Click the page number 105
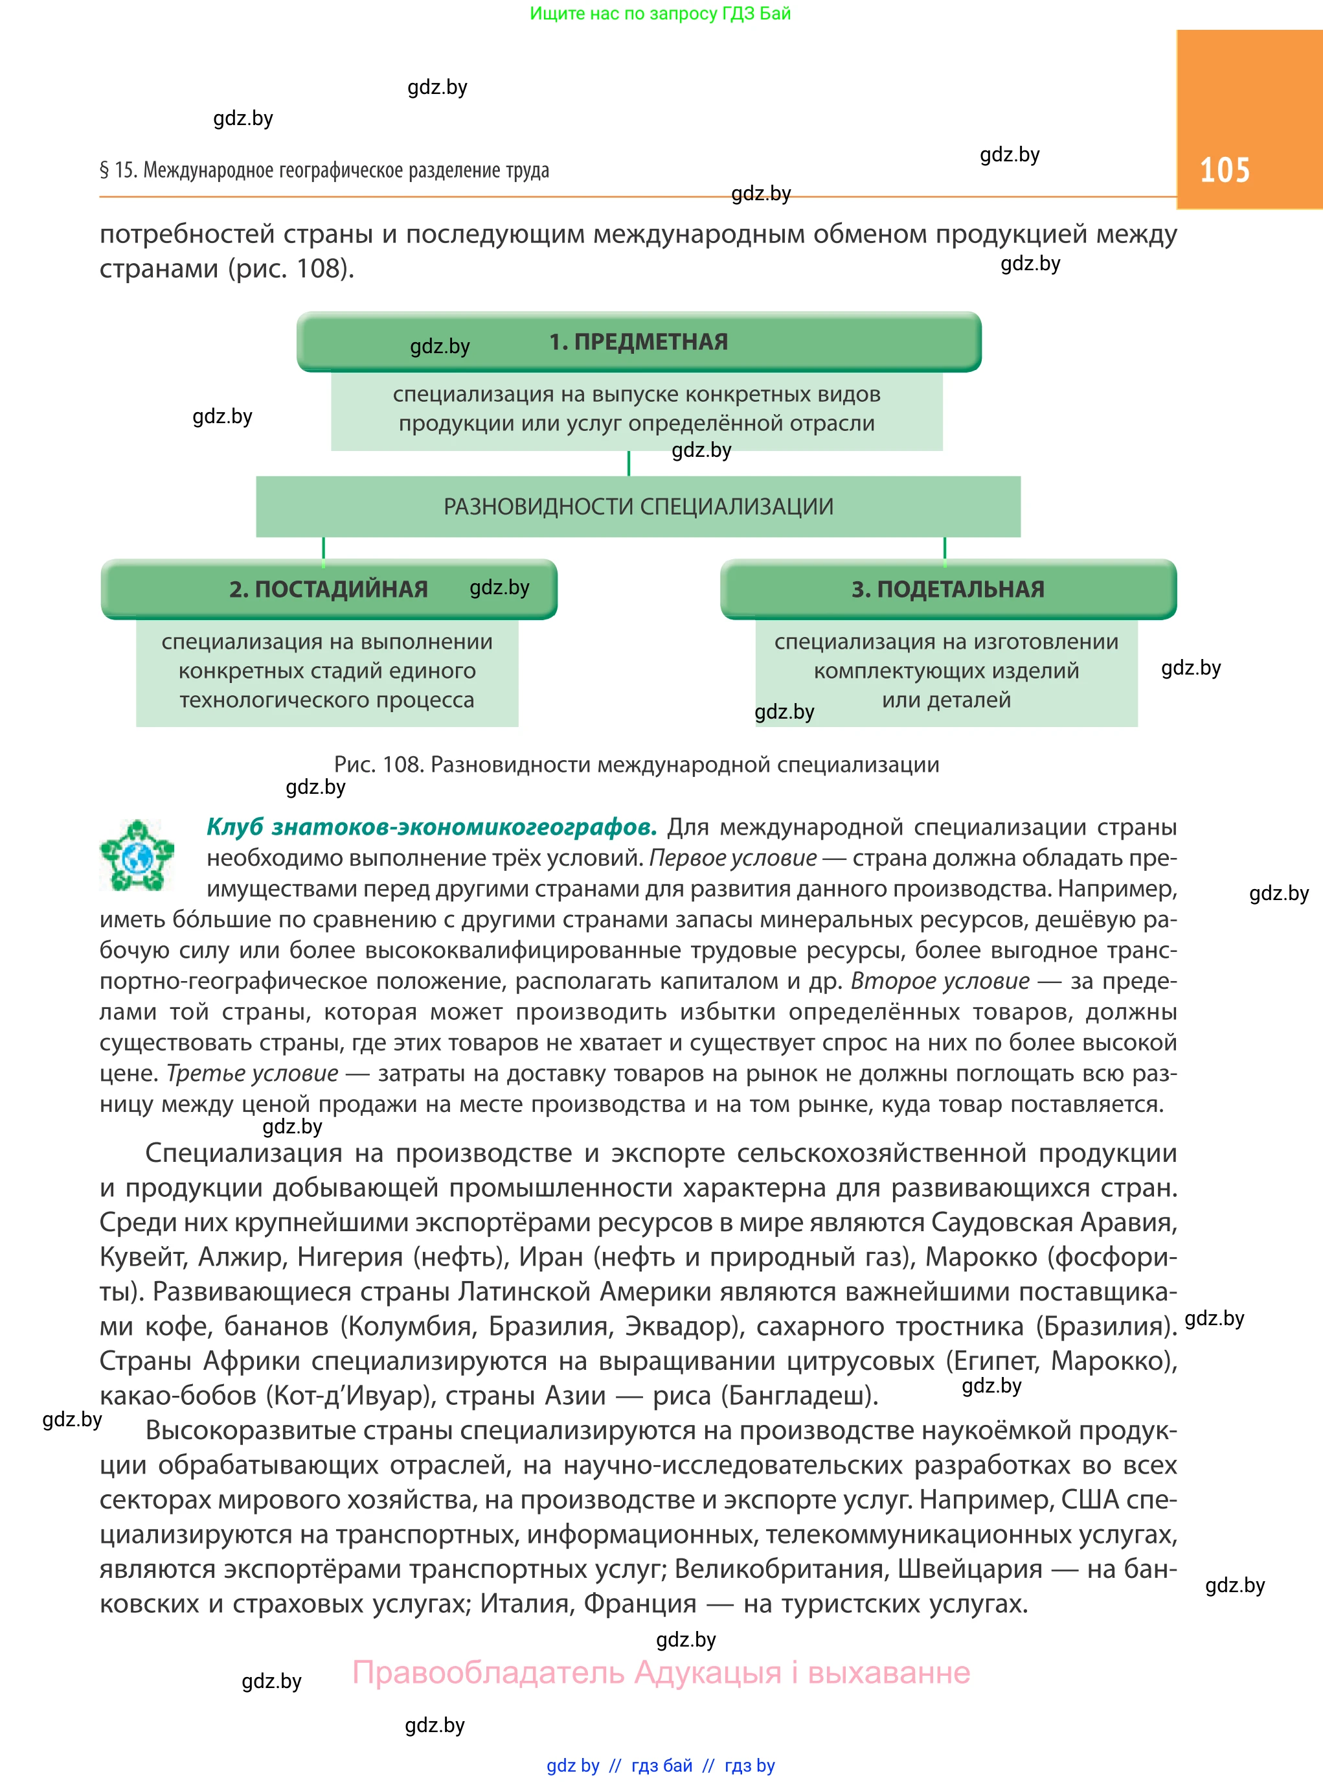click(1224, 170)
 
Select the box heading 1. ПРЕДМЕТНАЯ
click(639, 342)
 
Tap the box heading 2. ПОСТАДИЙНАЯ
click(328, 589)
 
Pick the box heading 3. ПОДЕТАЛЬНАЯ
click(947, 589)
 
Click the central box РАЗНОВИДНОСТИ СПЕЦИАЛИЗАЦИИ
click(639, 506)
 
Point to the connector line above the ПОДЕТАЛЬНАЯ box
click(945, 548)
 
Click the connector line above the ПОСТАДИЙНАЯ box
click(324, 548)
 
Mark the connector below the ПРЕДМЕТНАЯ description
click(629, 463)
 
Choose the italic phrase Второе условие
click(940, 980)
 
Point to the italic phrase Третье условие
click(253, 1074)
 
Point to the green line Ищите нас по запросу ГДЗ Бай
click(660, 14)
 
